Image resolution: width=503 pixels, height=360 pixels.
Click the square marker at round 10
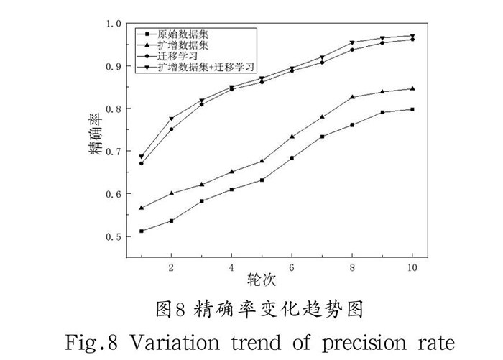pos(412,109)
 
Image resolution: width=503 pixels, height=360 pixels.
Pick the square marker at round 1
pos(142,231)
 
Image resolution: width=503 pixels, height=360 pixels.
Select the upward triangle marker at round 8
pos(352,97)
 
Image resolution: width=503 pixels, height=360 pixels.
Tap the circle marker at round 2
pos(171,129)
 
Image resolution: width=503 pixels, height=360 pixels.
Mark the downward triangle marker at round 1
pos(142,157)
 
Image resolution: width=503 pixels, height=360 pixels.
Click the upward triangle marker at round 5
pos(262,161)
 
